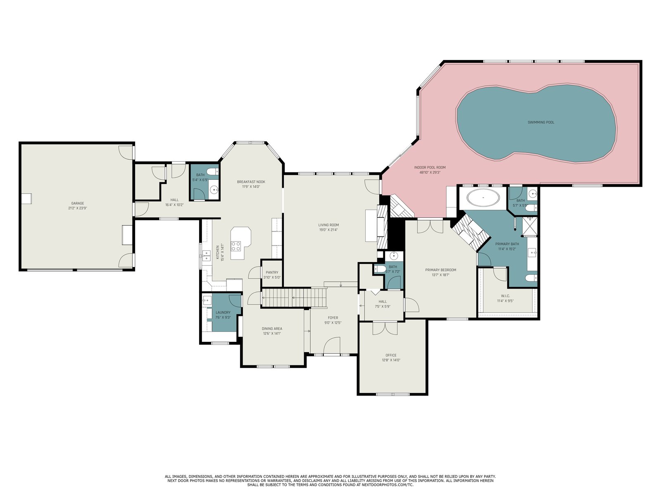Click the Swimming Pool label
pos(540,122)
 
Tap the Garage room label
pos(77,203)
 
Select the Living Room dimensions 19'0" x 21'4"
pos(328,230)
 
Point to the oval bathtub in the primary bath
pos(483,198)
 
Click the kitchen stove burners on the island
pos(235,246)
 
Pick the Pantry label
pos(272,272)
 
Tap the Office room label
pos(391,355)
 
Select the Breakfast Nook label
pos(251,182)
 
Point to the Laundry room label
pos(223,312)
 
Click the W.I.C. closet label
pos(505,296)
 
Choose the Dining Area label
pos(272,329)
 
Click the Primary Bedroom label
pos(440,270)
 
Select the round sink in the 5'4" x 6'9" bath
pos(214,189)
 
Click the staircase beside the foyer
pos(294,298)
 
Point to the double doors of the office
pos(385,329)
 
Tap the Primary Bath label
pos(507,244)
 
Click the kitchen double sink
pos(206,256)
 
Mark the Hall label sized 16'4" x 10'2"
pos(174,200)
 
